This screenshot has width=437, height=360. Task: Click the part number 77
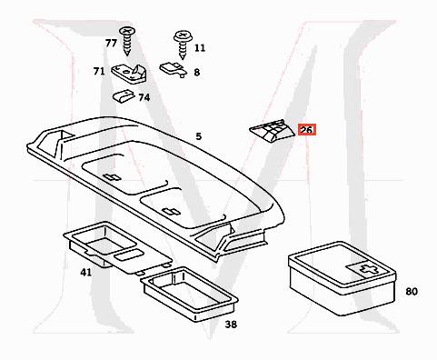point(110,44)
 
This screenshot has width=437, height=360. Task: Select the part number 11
point(199,46)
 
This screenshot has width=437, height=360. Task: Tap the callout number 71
point(98,71)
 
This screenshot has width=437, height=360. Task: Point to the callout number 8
point(196,71)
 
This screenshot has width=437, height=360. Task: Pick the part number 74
point(144,97)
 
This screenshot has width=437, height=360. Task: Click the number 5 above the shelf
point(197,136)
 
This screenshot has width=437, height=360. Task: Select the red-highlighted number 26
point(306,131)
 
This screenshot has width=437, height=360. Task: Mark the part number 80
point(411,292)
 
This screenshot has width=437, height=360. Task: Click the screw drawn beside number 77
point(129,41)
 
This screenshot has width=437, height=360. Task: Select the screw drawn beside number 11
point(179,42)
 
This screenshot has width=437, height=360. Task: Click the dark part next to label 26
point(270,134)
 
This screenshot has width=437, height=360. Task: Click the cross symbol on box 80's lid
point(366,268)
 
